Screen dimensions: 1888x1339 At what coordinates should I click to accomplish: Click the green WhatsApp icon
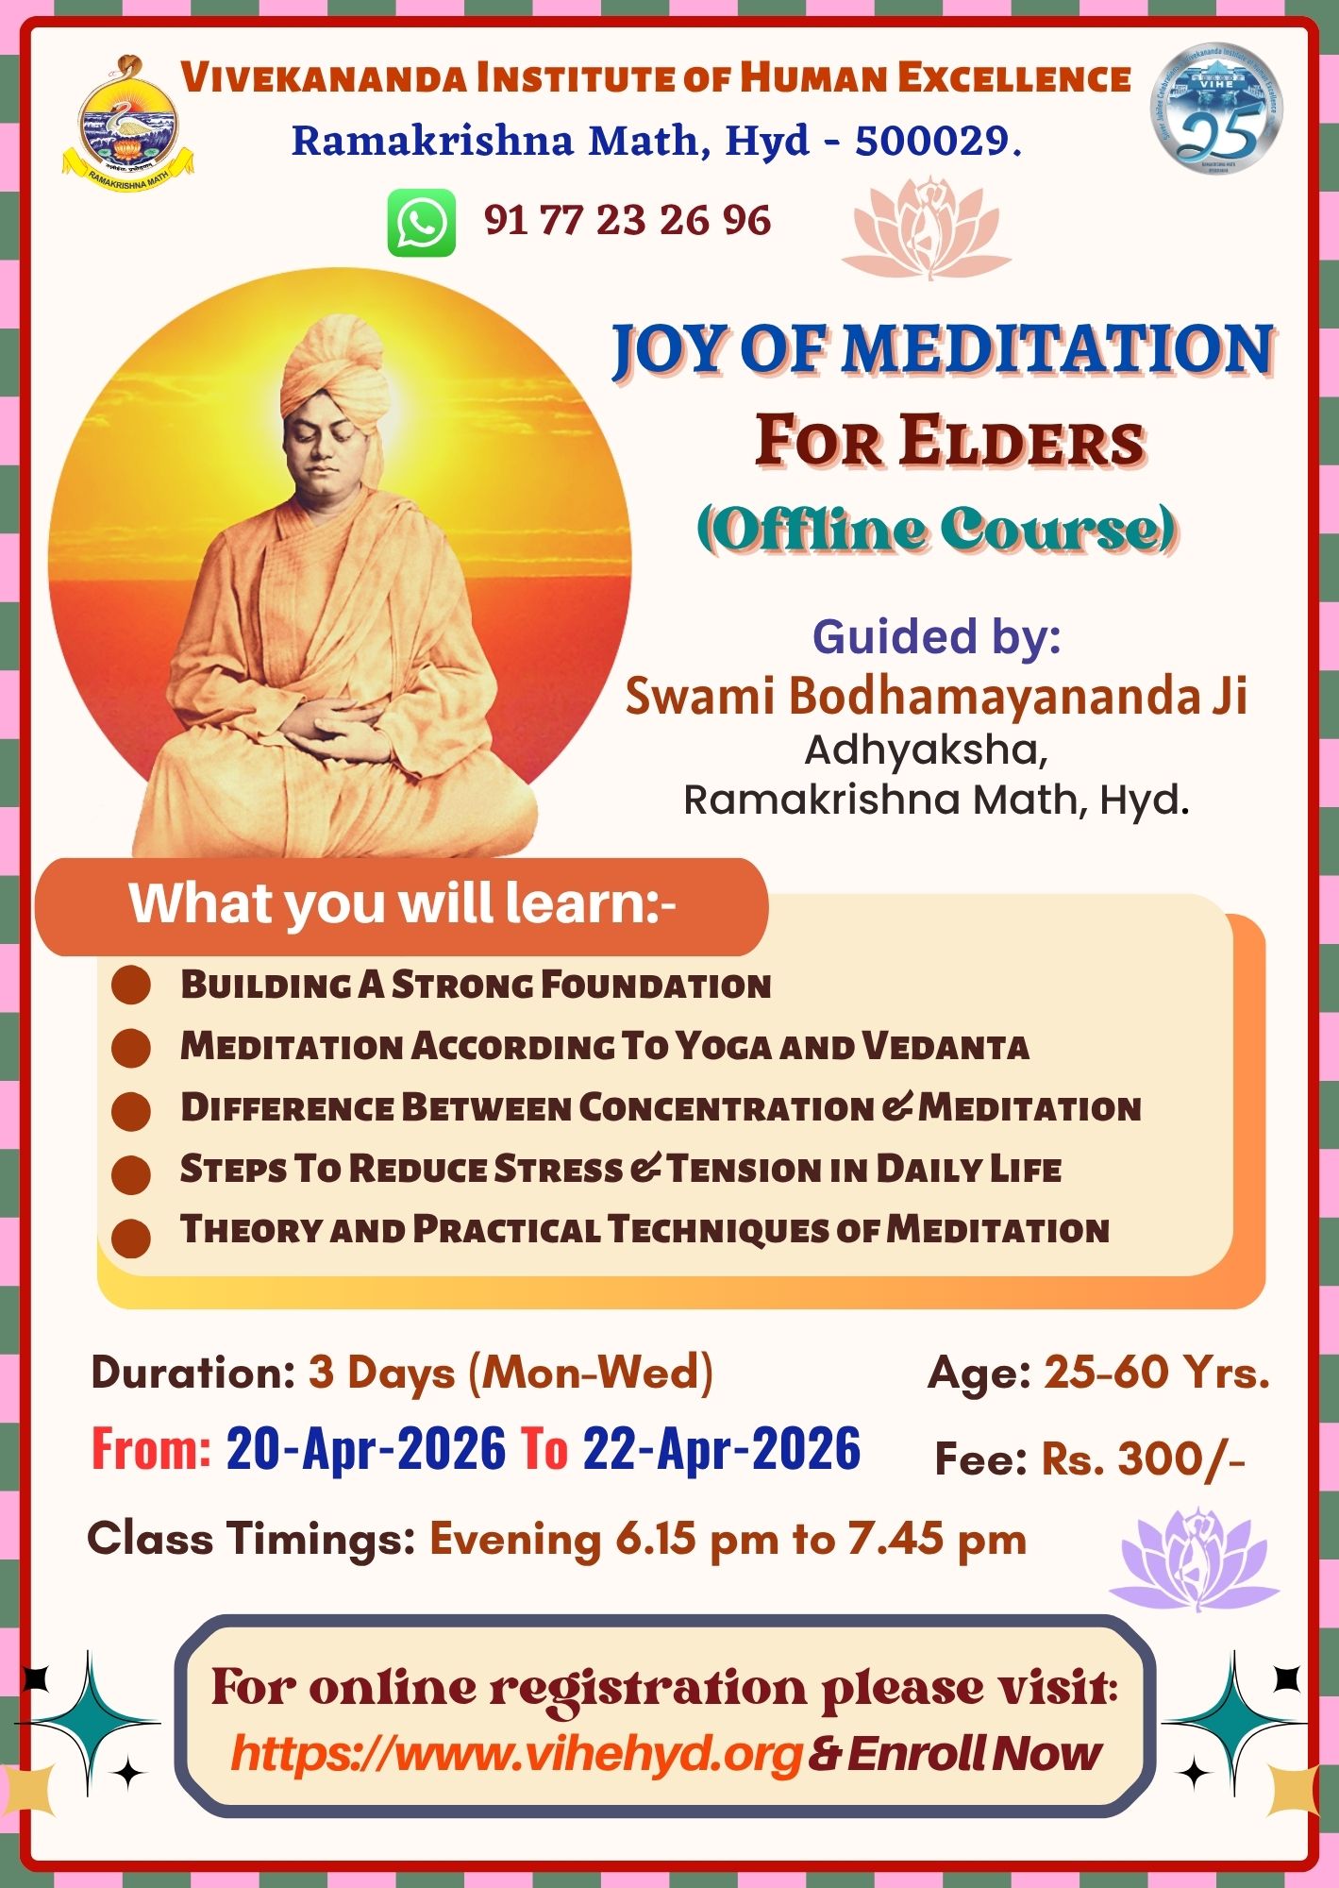(x=421, y=223)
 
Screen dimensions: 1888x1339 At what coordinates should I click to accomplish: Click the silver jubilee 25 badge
(x=1216, y=108)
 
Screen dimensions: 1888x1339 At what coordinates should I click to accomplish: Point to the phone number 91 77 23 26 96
(x=628, y=220)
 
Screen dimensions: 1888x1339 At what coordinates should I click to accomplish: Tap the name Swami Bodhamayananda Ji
(x=936, y=696)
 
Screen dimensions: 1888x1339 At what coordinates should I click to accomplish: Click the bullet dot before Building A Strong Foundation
(x=131, y=986)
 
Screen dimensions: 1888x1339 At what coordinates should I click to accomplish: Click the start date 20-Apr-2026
(x=366, y=1449)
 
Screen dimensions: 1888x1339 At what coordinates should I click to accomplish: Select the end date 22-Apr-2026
(x=721, y=1449)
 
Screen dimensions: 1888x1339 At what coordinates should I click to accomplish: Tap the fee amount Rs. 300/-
(x=1143, y=1458)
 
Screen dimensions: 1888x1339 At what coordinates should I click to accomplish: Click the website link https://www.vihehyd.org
(x=516, y=1753)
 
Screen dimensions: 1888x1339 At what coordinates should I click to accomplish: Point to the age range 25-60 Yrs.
(x=1156, y=1372)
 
